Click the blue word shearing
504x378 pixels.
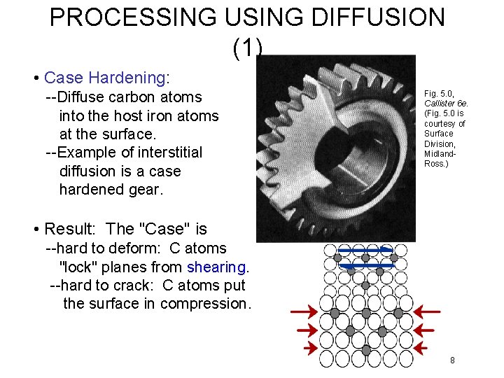217,267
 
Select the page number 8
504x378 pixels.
452,360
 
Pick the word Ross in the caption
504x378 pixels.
435,164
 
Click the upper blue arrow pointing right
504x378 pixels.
363,250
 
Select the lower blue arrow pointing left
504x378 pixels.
365,266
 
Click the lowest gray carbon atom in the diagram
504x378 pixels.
365,349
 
